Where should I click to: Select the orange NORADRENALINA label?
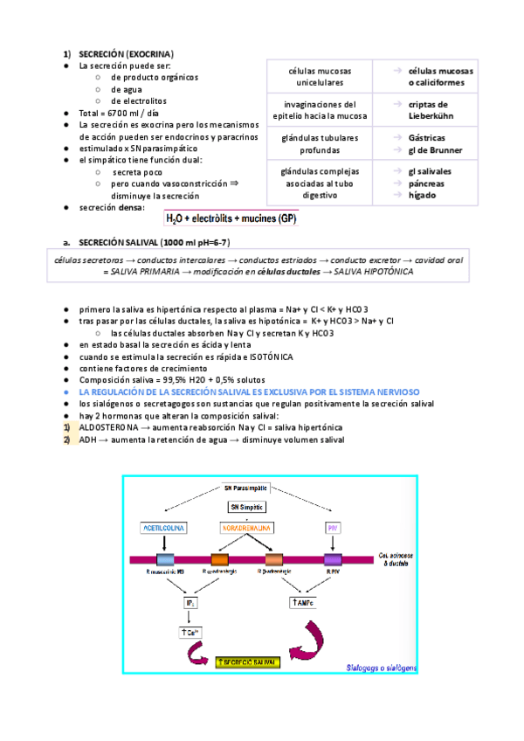[x=245, y=529]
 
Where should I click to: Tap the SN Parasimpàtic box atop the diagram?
[x=245, y=487]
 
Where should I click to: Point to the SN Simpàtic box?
[x=245, y=507]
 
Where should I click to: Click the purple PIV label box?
[x=331, y=529]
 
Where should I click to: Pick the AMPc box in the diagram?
[x=299, y=603]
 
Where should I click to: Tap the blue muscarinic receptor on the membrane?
[x=165, y=560]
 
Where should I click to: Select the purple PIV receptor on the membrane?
[x=332, y=560]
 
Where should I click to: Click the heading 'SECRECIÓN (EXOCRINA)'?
[x=126, y=53]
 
